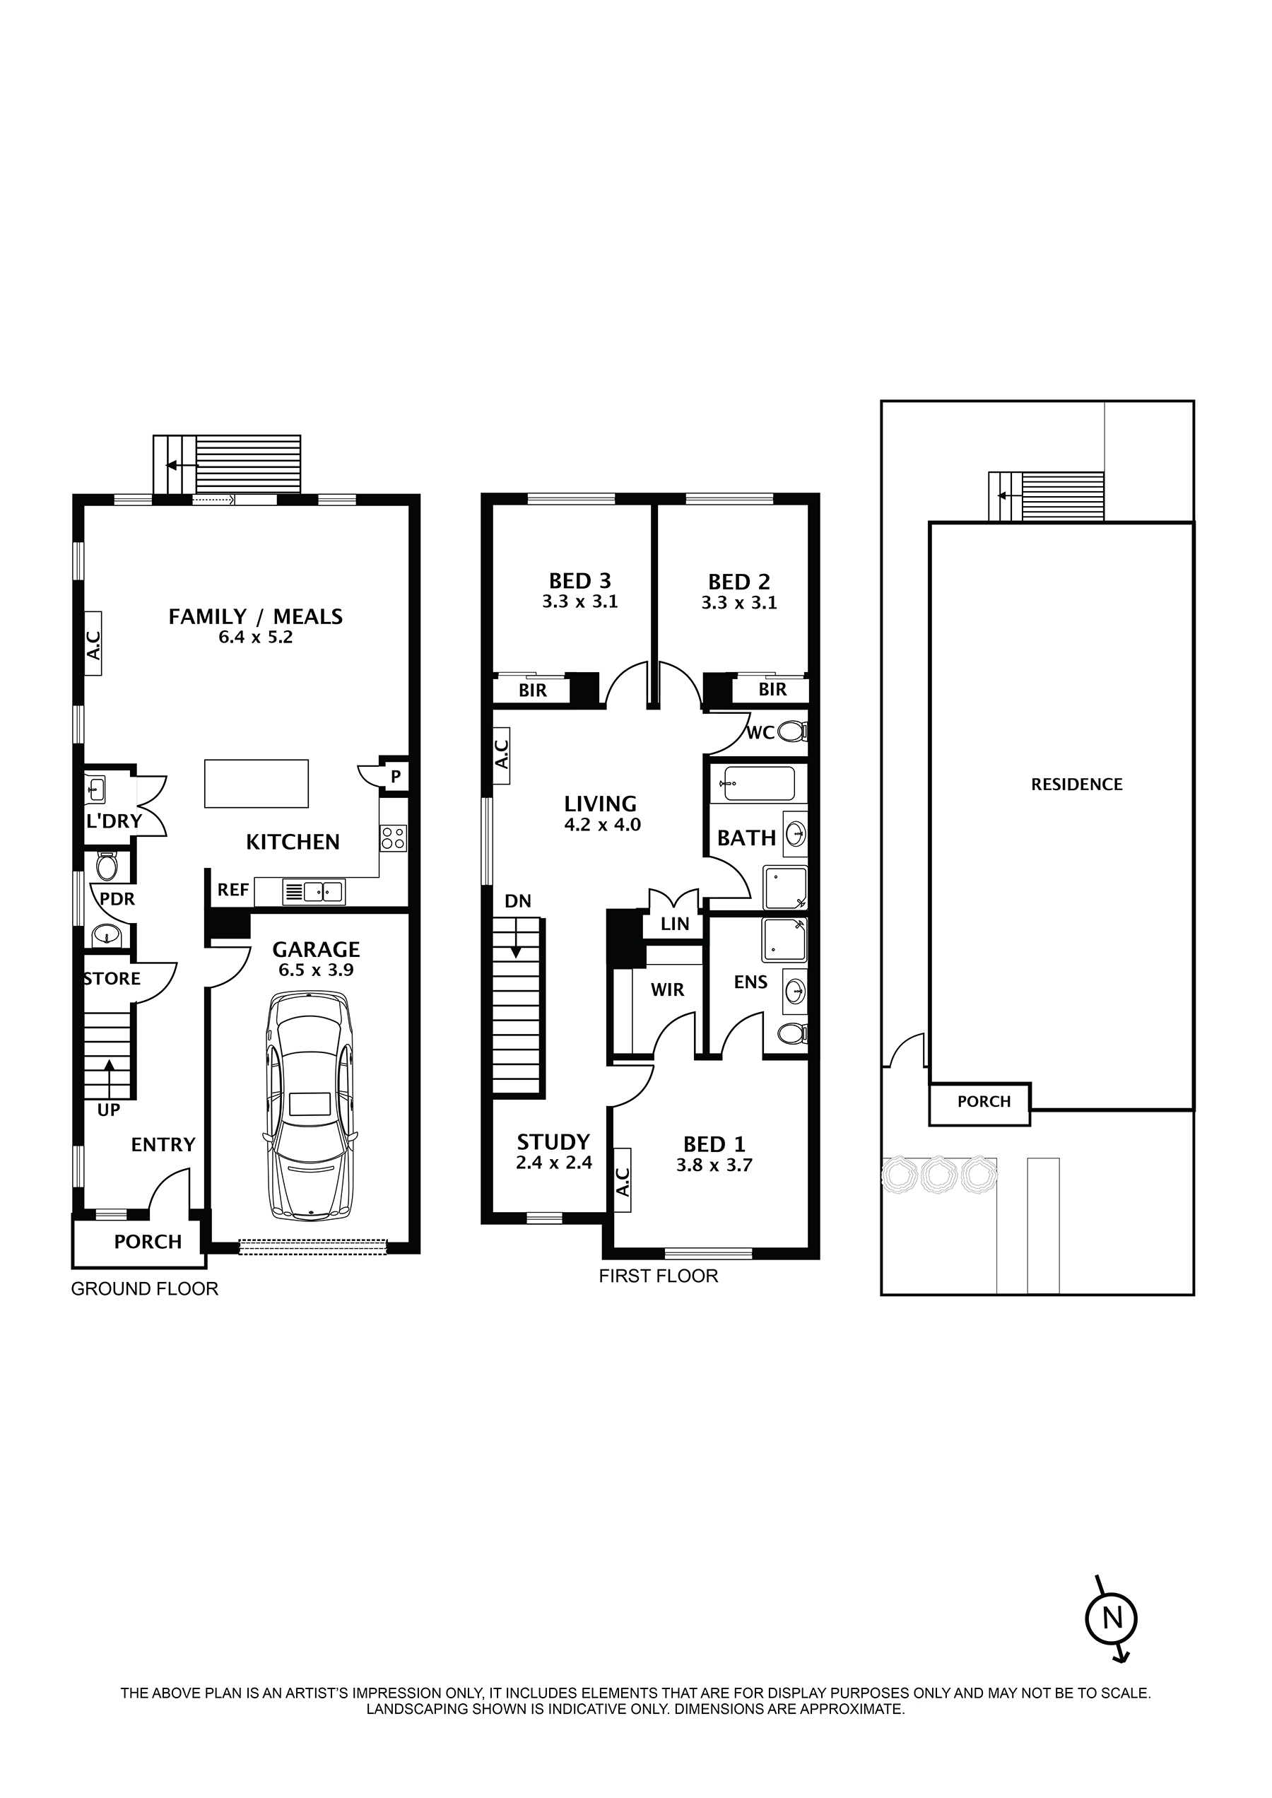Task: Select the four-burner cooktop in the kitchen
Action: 393,838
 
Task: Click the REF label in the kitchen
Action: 232,890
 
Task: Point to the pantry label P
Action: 396,777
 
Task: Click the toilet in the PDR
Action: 106,866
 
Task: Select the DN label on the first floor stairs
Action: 518,901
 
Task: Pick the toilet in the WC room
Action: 794,732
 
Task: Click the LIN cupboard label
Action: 674,924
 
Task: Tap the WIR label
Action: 667,990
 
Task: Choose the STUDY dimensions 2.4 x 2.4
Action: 554,1163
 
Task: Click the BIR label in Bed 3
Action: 533,691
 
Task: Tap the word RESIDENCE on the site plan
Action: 1076,785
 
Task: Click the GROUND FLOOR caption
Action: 144,1288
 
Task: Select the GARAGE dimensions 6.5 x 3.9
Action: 316,970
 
